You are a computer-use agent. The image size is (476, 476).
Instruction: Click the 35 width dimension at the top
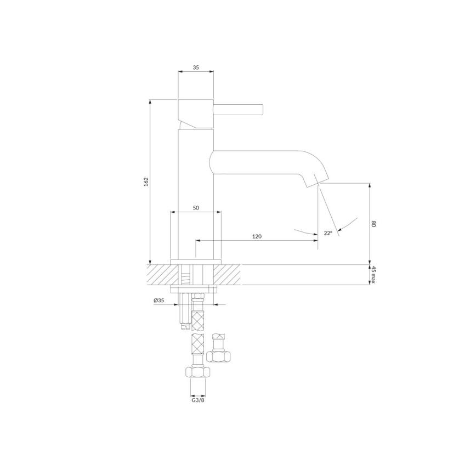[196, 68]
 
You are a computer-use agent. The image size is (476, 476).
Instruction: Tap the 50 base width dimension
[196, 208]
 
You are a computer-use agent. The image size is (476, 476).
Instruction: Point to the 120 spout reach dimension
[257, 236]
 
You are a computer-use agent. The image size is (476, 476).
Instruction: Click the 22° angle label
[328, 233]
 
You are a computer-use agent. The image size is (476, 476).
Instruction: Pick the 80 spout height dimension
[373, 224]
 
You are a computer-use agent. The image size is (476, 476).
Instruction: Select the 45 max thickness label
[373, 275]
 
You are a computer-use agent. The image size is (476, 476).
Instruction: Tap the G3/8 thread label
[198, 400]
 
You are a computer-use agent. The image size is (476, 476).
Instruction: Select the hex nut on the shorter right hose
[219, 356]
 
